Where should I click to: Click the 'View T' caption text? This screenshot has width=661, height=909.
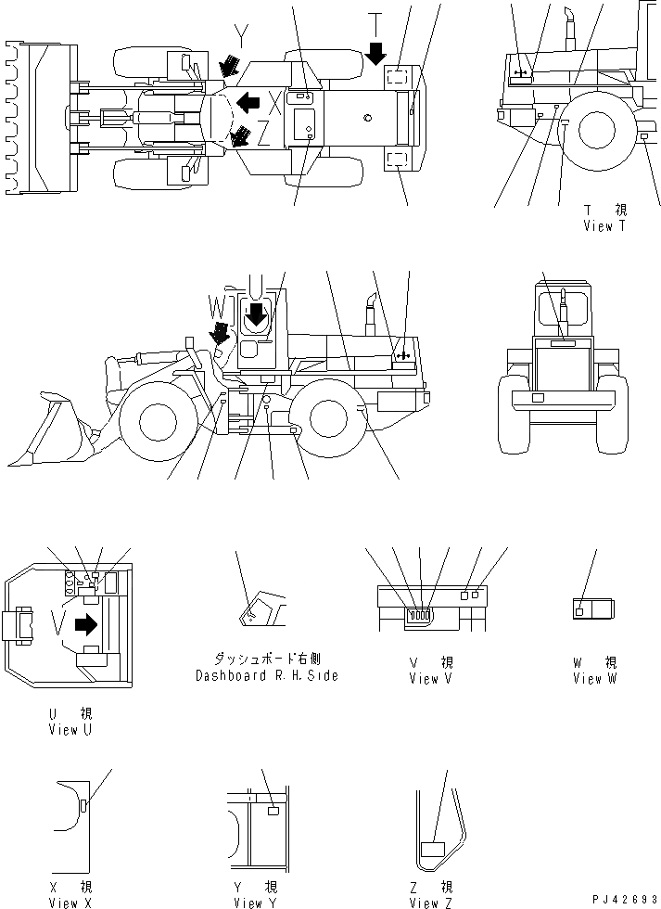tap(611, 225)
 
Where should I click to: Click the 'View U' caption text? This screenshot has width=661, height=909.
tap(70, 730)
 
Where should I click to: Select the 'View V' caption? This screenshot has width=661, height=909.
tap(430, 679)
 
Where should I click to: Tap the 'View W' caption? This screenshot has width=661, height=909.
tap(593, 679)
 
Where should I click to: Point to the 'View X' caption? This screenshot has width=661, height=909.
tap(70, 903)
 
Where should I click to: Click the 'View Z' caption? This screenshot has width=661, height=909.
tap(430, 903)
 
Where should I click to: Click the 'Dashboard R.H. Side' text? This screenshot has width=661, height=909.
tap(266, 675)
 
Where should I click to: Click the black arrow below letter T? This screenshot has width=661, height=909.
tap(375, 53)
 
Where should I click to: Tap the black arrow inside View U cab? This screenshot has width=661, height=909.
tap(85, 625)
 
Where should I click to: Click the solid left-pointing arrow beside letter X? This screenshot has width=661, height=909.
tap(247, 99)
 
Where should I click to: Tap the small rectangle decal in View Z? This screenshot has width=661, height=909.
tap(433, 849)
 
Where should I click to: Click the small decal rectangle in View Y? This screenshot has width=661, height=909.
tap(273, 811)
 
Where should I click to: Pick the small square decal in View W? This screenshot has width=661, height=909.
tap(579, 611)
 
